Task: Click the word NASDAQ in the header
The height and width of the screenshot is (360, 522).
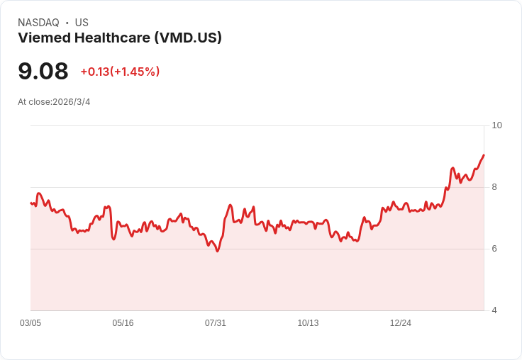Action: pyautogui.click(x=38, y=23)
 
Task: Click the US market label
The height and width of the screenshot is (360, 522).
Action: pyautogui.click(x=82, y=23)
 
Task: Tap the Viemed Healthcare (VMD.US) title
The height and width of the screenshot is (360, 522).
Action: pyautogui.click(x=120, y=38)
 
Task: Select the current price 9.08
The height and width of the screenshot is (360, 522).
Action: pyautogui.click(x=43, y=71)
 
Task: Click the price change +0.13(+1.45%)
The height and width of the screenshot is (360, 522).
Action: pyautogui.click(x=120, y=72)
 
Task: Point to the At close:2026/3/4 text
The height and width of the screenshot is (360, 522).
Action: pyautogui.click(x=54, y=102)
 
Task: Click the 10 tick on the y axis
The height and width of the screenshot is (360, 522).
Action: pyautogui.click(x=496, y=125)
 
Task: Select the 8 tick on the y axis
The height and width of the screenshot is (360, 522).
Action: pyautogui.click(x=494, y=187)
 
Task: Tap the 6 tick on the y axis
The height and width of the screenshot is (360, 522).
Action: pyautogui.click(x=494, y=249)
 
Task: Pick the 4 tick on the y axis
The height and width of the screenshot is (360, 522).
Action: pyautogui.click(x=494, y=310)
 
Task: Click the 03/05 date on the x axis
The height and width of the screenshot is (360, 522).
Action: pyautogui.click(x=30, y=323)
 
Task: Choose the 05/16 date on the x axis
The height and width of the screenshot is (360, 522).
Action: pyautogui.click(x=123, y=323)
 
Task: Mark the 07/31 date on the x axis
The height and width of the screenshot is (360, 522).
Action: pyautogui.click(x=216, y=323)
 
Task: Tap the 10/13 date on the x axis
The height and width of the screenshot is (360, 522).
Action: pyautogui.click(x=308, y=323)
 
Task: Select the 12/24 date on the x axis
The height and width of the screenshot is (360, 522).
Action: pyautogui.click(x=401, y=323)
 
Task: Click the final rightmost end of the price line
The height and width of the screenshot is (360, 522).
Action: pyautogui.click(x=484, y=155)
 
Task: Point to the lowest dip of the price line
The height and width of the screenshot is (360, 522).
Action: pyautogui.click(x=217, y=252)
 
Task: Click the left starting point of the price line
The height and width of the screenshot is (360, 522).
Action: pyautogui.click(x=30, y=203)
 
